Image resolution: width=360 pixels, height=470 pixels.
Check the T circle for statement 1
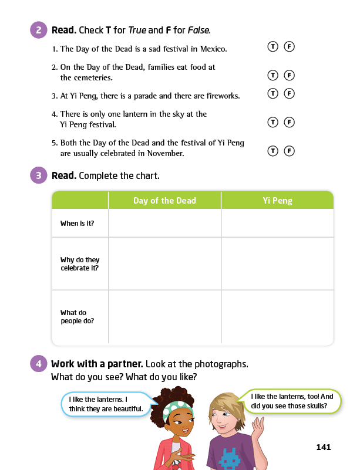click(272, 46)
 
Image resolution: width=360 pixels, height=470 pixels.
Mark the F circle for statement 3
click(288, 93)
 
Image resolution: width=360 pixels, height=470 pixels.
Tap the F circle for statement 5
click(288, 151)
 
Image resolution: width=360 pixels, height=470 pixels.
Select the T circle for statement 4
click(272, 122)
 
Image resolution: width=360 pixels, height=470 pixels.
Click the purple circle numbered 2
click(38, 30)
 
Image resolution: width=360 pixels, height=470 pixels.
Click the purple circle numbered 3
click(38, 175)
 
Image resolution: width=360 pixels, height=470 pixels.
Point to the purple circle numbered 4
click(38, 364)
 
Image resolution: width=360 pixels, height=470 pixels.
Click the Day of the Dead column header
click(164, 201)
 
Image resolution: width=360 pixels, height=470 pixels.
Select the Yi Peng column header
click(277, 201)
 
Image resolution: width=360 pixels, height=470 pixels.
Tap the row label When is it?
click(77, 224)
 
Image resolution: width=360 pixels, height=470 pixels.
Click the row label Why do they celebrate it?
click(80, 264)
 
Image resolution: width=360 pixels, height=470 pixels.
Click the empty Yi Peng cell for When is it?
click(277, 224)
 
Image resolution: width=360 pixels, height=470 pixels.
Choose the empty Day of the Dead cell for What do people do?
click(164, 317)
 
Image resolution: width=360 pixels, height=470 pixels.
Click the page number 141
click(323, 447)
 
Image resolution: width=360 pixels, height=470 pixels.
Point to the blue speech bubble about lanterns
click(106, 404)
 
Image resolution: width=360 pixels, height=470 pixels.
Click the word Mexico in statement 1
click(214, 49)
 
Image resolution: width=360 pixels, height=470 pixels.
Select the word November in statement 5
click(167, 154)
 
